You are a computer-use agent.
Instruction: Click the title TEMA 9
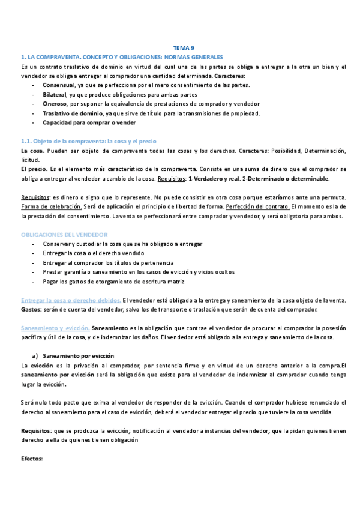pos(183,48)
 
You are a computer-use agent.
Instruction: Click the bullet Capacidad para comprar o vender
pos(91,122)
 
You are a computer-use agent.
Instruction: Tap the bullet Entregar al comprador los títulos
pos(109,263)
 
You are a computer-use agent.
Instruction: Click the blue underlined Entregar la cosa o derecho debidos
pos(71,300)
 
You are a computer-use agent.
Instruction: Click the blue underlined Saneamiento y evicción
pos(55,328)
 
